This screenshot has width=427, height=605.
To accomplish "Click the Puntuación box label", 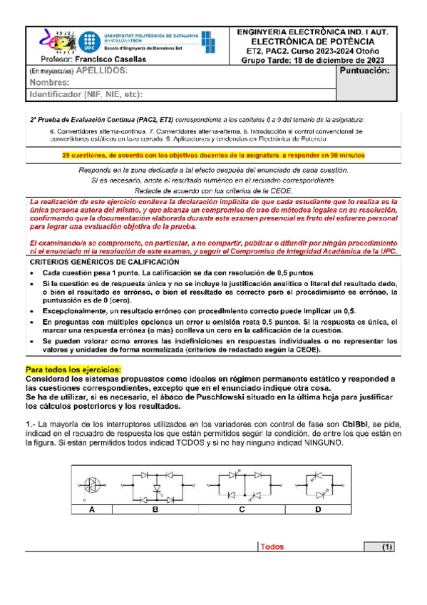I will click(365, 71).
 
